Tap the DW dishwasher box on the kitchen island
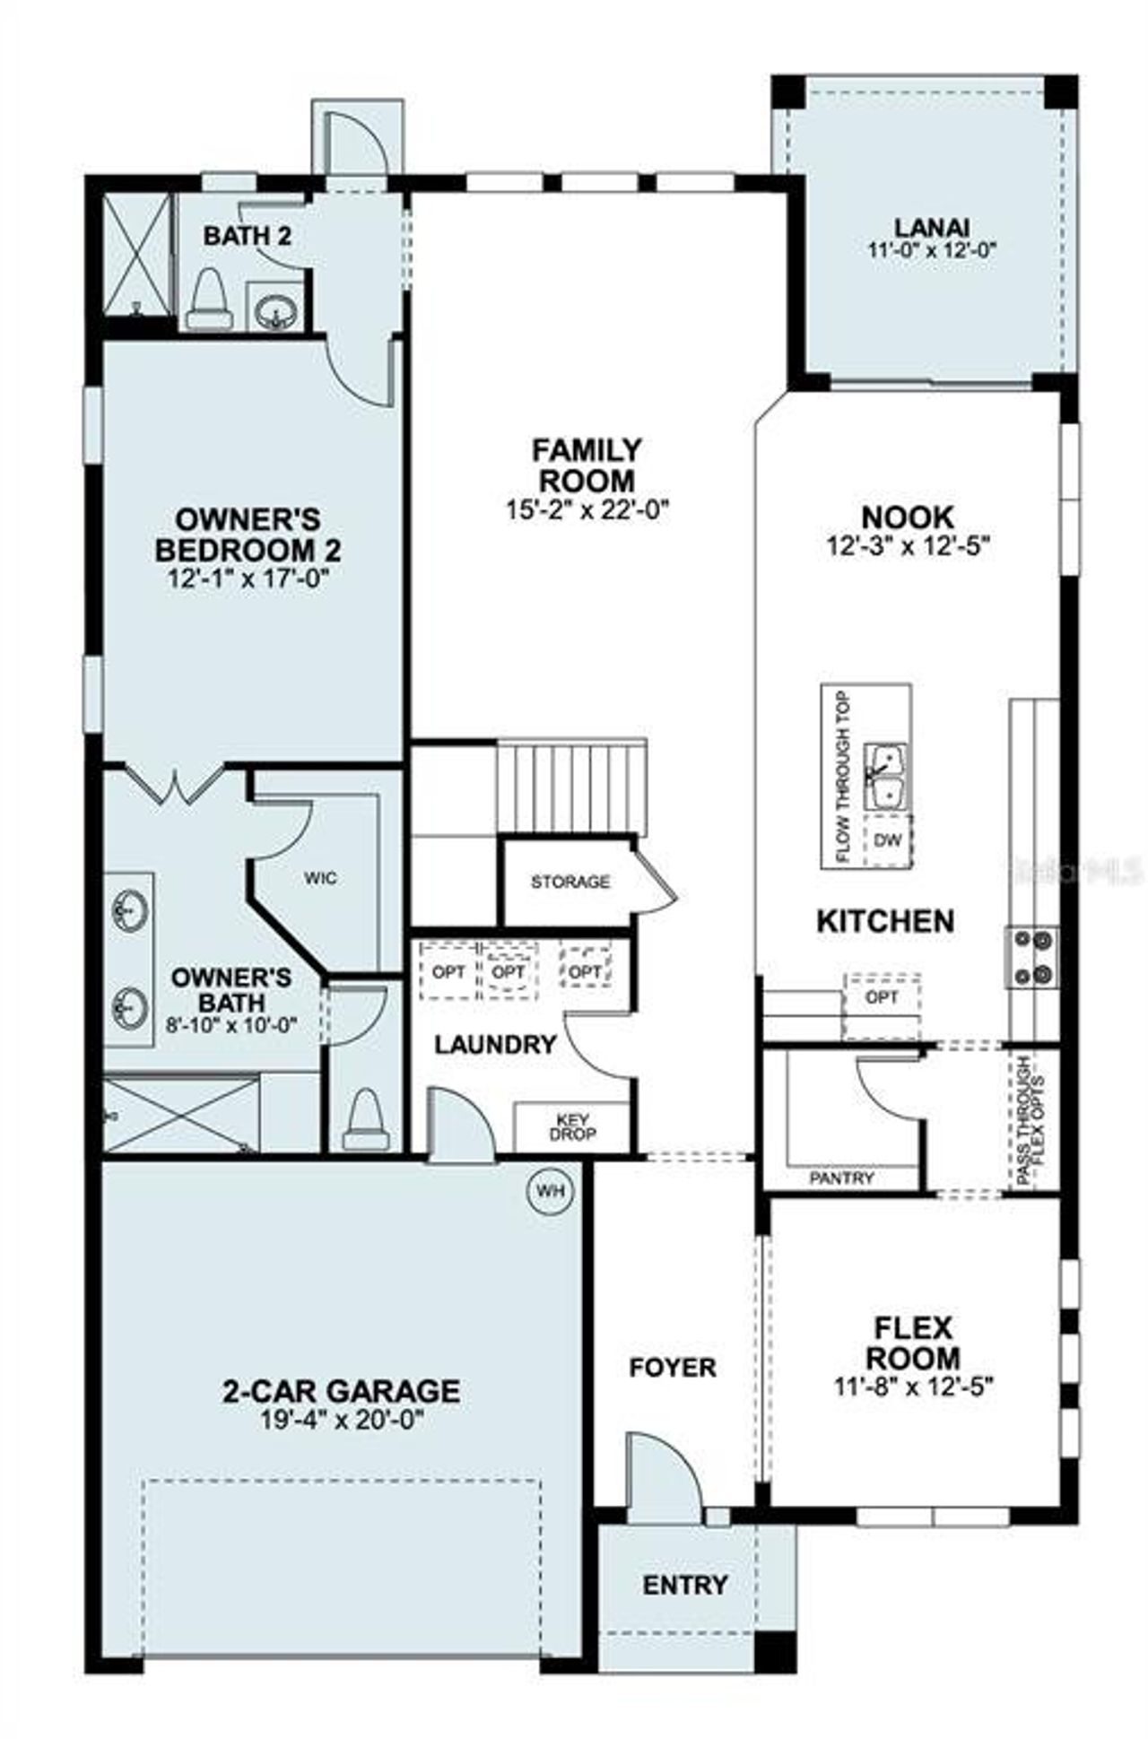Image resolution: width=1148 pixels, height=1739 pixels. pyautogui.click(x=886, y=841)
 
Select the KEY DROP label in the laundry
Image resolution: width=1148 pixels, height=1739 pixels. pyautogui.click(x=571, y=1127)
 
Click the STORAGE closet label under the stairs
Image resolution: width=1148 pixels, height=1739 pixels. pyautogui.click(x=570, y=882)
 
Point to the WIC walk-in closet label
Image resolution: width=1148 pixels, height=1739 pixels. pyautogui.click(x=320, y=877)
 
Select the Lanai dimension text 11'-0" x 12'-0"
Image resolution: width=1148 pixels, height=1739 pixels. pyautogui.click(x=932, y=250)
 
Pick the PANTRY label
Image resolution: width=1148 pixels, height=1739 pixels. pyautogui.click(x=840, y=1178)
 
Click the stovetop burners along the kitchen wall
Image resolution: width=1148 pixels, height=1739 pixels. pyautogui.click(x=1032, y=957)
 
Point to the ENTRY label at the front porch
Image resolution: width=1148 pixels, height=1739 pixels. pyautogui.click(x=684, y=1585)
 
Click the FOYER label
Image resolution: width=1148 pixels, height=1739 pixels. pyautogui.click(x=672, y=1367)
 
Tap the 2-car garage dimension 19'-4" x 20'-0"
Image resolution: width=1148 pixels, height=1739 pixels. pyautogui.click(x=340, y=1421)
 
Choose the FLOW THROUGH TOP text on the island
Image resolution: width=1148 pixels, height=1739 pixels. pyautogui.click(x=842, y=777)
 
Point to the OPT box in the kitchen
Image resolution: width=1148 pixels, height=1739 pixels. pyautogui.click(x=882, y=997)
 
